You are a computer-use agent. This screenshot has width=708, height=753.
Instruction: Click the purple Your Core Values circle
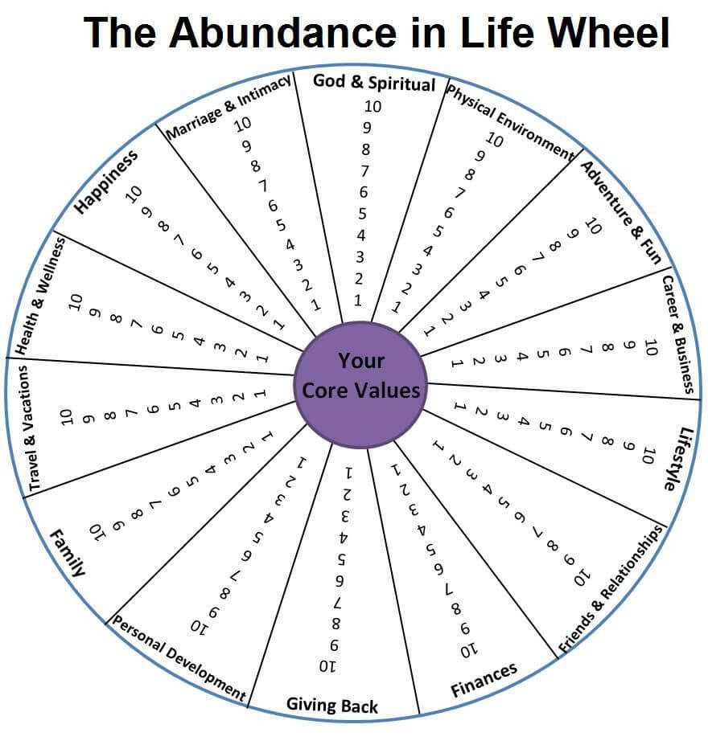(360, 385)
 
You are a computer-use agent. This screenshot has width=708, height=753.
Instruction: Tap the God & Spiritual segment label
(374, 83)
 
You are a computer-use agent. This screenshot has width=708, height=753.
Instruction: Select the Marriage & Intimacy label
(228, 107)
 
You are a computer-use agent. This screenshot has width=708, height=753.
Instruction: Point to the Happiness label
(106, 182)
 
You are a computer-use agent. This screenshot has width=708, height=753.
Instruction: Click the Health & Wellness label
(40, 297)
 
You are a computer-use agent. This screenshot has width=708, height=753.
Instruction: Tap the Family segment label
(68, 553)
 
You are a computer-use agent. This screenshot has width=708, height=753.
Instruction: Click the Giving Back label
(331, 706)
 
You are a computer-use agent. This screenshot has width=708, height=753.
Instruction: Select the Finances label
(484, 680)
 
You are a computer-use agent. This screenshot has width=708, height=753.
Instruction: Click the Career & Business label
(679, 334)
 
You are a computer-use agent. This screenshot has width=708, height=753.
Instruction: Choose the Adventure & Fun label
(621, 212)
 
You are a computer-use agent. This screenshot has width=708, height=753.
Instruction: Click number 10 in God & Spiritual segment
(373, 106)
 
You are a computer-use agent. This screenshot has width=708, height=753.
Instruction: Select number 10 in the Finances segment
(469, 651)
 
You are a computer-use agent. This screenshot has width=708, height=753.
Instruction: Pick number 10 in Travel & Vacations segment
(66, 417)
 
